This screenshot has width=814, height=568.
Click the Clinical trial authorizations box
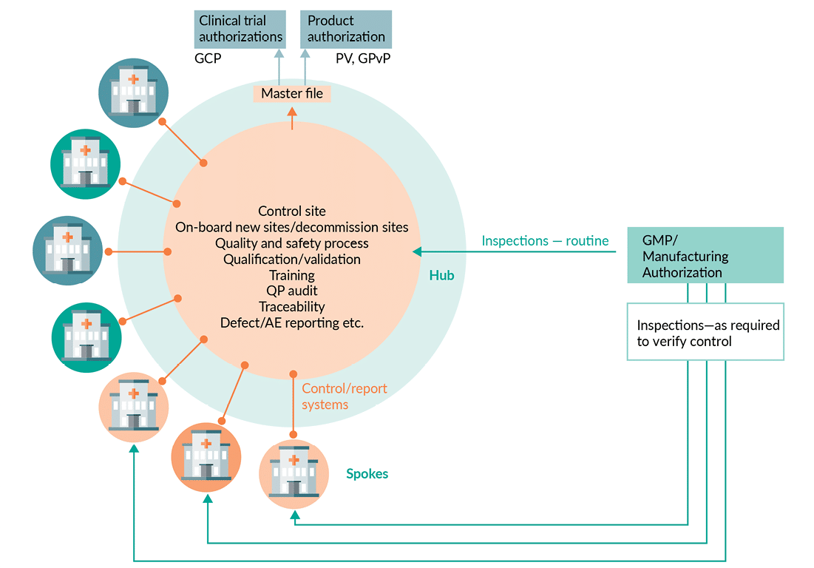pos(241,29)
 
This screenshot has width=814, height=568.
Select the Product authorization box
pos(346,29)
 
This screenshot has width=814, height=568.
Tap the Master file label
pos(292,94)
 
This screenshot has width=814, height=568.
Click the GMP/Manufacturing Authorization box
pos(705,255)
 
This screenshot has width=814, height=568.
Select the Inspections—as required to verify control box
pos(705,332)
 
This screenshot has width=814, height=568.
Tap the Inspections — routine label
pos(545,241)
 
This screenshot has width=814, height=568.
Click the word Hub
pos(441,275)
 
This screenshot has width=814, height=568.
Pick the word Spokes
pos(367,473)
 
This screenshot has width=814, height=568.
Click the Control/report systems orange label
pos(344,396)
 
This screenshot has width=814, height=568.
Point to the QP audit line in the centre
pos(292,291)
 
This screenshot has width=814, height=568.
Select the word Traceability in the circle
pos(292,306)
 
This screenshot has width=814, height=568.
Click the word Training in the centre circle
pos(292,275)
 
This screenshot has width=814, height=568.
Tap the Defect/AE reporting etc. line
pos(292,322)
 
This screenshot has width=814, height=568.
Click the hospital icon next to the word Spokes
pos(294,474)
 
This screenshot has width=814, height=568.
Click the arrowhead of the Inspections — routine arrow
pos(417,252)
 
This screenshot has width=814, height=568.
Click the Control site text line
pos(292,212)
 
